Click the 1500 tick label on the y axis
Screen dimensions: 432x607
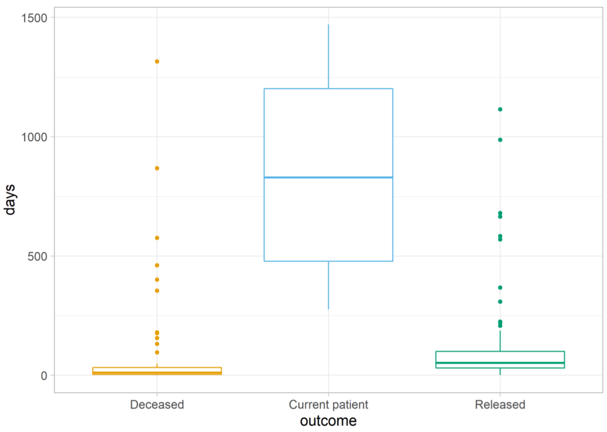[34, 18]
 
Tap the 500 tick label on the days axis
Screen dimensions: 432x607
[37, 257]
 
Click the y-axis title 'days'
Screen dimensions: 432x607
[10, 200]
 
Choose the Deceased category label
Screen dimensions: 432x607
[157, 404]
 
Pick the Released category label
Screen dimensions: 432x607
[500, 404]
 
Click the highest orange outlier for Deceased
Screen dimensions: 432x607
[157, 61]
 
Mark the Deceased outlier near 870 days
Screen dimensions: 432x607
[157, 168]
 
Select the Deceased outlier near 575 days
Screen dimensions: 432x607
[157, 238]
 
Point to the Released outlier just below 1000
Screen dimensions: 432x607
[500, 140]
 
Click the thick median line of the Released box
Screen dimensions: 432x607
[500, 363]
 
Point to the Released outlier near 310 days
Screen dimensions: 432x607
[500, 301]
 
